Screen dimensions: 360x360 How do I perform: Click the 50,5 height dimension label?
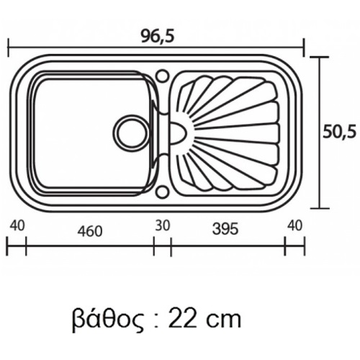(x=339, y=132)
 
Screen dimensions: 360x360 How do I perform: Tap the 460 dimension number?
(x=90, y=231)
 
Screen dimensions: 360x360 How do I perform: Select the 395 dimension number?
(x=225, y=229)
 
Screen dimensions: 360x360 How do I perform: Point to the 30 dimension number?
(x=163, y=225)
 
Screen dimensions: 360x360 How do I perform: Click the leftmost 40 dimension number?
(x=17, y=225)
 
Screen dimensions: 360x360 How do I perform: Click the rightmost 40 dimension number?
(x=295, y=225)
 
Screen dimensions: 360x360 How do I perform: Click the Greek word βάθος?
(x=108, y=320)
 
